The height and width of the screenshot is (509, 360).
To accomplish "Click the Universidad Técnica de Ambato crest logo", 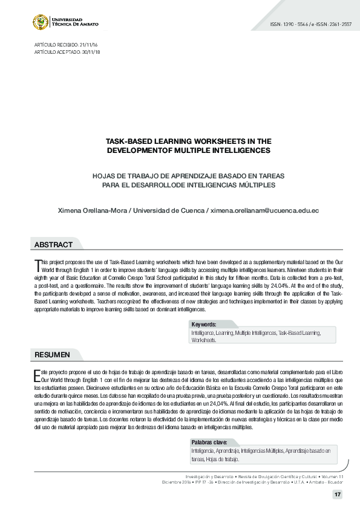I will point(41,22).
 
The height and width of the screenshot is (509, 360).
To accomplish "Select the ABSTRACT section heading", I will point(53,245).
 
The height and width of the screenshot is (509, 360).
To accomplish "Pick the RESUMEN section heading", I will point(52,354).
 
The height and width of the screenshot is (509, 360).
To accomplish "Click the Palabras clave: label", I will point(209,443).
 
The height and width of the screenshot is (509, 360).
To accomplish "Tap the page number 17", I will point(337,495).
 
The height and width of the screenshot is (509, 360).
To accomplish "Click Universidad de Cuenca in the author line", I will point(168,210).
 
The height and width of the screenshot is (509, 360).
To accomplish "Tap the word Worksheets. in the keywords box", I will point(204,340).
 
